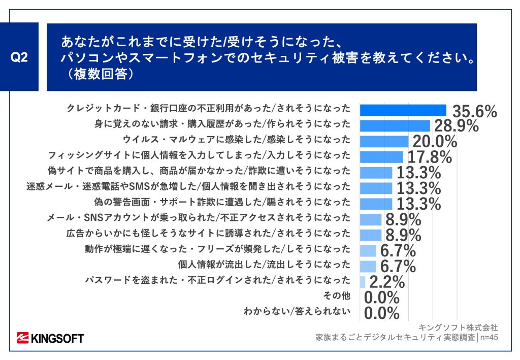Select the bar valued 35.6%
coord(403,110)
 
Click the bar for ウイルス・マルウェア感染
coord(384,141)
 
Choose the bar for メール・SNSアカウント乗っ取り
coord(370,219)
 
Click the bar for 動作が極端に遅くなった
coord(368,251)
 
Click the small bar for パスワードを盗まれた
coord(363,282)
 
